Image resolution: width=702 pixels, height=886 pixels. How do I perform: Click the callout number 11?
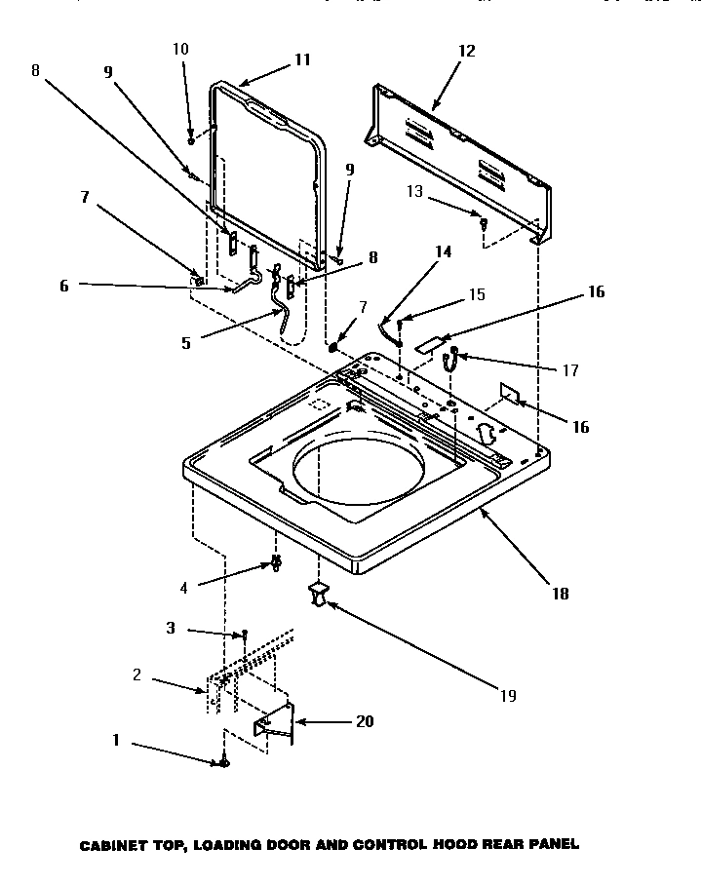tap(302, 59)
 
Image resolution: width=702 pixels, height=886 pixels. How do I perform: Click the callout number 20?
tap(365, 722)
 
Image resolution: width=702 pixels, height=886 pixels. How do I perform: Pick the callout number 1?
tap(115, 740)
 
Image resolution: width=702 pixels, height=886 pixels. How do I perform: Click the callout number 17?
tap(571, 370)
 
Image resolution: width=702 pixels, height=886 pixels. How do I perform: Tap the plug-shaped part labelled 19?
tap(318, 593)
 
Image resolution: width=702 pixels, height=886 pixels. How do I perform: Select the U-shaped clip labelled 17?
tap(450, 361)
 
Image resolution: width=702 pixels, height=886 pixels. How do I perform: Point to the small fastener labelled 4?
tap(277, 563)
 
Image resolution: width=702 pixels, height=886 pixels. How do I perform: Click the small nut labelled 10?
tap(192, 140)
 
